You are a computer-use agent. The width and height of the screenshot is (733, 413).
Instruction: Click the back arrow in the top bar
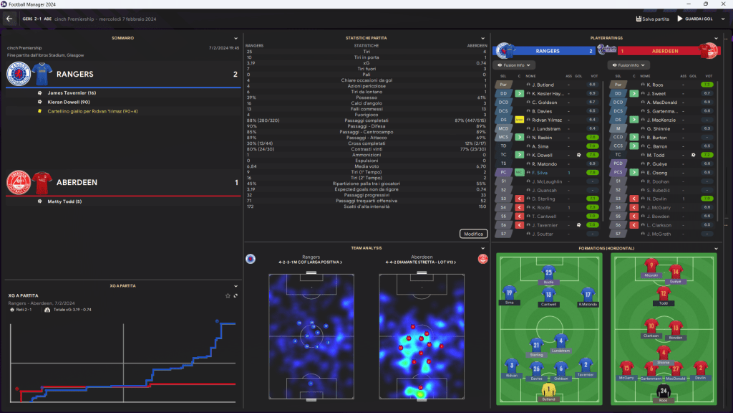(x=10, y=19)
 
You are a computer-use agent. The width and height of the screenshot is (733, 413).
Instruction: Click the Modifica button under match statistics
(x=473, y=234)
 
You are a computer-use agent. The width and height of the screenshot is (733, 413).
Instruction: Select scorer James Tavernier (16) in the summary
(x=72, y=93)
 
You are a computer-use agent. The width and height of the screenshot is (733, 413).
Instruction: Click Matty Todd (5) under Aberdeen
(x=65, y=201)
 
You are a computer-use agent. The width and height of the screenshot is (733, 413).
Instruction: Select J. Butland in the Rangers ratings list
(x=543, y=85)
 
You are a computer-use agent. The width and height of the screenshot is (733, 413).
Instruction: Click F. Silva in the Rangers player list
(x=540, y=172)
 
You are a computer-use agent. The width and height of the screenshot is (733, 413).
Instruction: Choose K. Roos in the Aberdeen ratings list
(x=656, y=85)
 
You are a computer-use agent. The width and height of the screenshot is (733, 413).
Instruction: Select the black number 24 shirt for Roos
(x=663, y=391)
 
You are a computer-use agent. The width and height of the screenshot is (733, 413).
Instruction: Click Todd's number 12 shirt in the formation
(x=663, y=294)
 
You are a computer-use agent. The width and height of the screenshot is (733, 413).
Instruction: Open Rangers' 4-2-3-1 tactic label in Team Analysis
(x=311, y=262)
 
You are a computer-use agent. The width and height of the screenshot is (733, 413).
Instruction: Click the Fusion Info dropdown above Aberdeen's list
(x=626, y=65)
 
